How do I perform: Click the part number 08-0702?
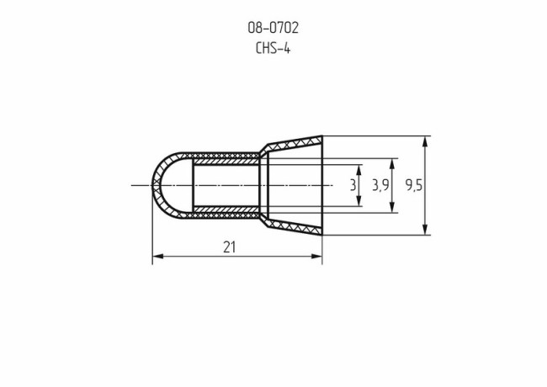(273, 28)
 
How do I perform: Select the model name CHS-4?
(273, 48)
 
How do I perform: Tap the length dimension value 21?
(229, 247)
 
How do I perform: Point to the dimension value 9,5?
(413, 185)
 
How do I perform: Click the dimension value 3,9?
(380, 185)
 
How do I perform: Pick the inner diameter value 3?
(352, 185)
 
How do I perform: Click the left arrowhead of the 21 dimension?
(157, 257)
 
